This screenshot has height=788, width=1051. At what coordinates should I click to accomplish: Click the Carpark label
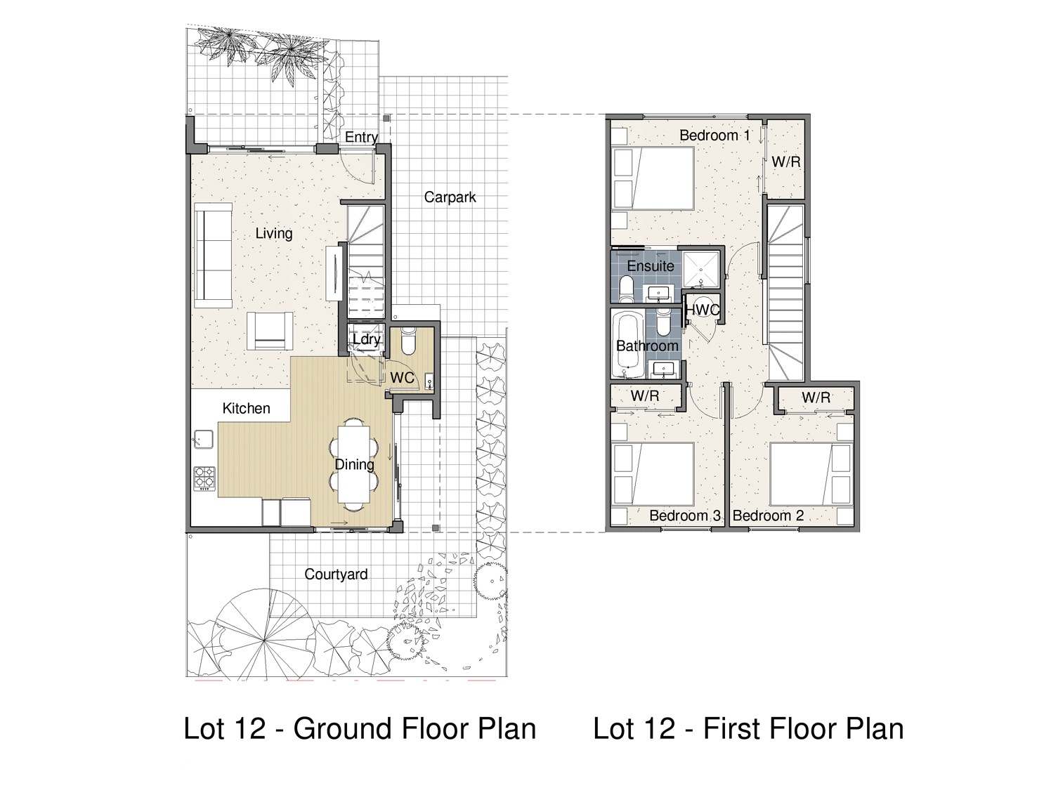[x=450, y=197]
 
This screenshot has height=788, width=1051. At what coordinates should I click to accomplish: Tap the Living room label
[x=273, y=233]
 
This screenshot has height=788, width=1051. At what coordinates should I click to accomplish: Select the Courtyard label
[x=336, y=574]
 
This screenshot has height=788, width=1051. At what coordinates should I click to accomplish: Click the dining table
[x=354, y=464]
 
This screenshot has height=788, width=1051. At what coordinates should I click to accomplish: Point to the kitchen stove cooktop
[x=204, y=478]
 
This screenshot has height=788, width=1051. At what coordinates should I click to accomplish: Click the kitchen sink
[x=204, y=439]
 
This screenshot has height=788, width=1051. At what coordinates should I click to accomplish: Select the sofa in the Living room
[x=213, y=255]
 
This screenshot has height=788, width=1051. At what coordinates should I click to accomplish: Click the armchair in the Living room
[x=270, y=331]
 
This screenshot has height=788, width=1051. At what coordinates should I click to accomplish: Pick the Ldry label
[x=366, y=339]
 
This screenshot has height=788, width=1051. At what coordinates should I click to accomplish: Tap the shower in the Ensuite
[x=701, y=271]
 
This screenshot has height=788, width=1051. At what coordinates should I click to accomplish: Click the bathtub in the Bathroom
[x=626, y=345]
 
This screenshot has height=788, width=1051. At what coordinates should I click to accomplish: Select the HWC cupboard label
[x=701, y=310]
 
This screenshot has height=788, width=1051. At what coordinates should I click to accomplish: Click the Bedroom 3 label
[x=685, y=516]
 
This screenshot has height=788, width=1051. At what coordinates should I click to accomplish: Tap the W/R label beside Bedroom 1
[x=785, y=162]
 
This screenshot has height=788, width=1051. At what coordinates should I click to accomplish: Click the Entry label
[x=361, y=138]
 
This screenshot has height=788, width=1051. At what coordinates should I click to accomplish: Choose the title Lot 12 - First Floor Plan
[x=748, y=729]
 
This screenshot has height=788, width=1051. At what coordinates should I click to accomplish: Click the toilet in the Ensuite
[x=626, y=288]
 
